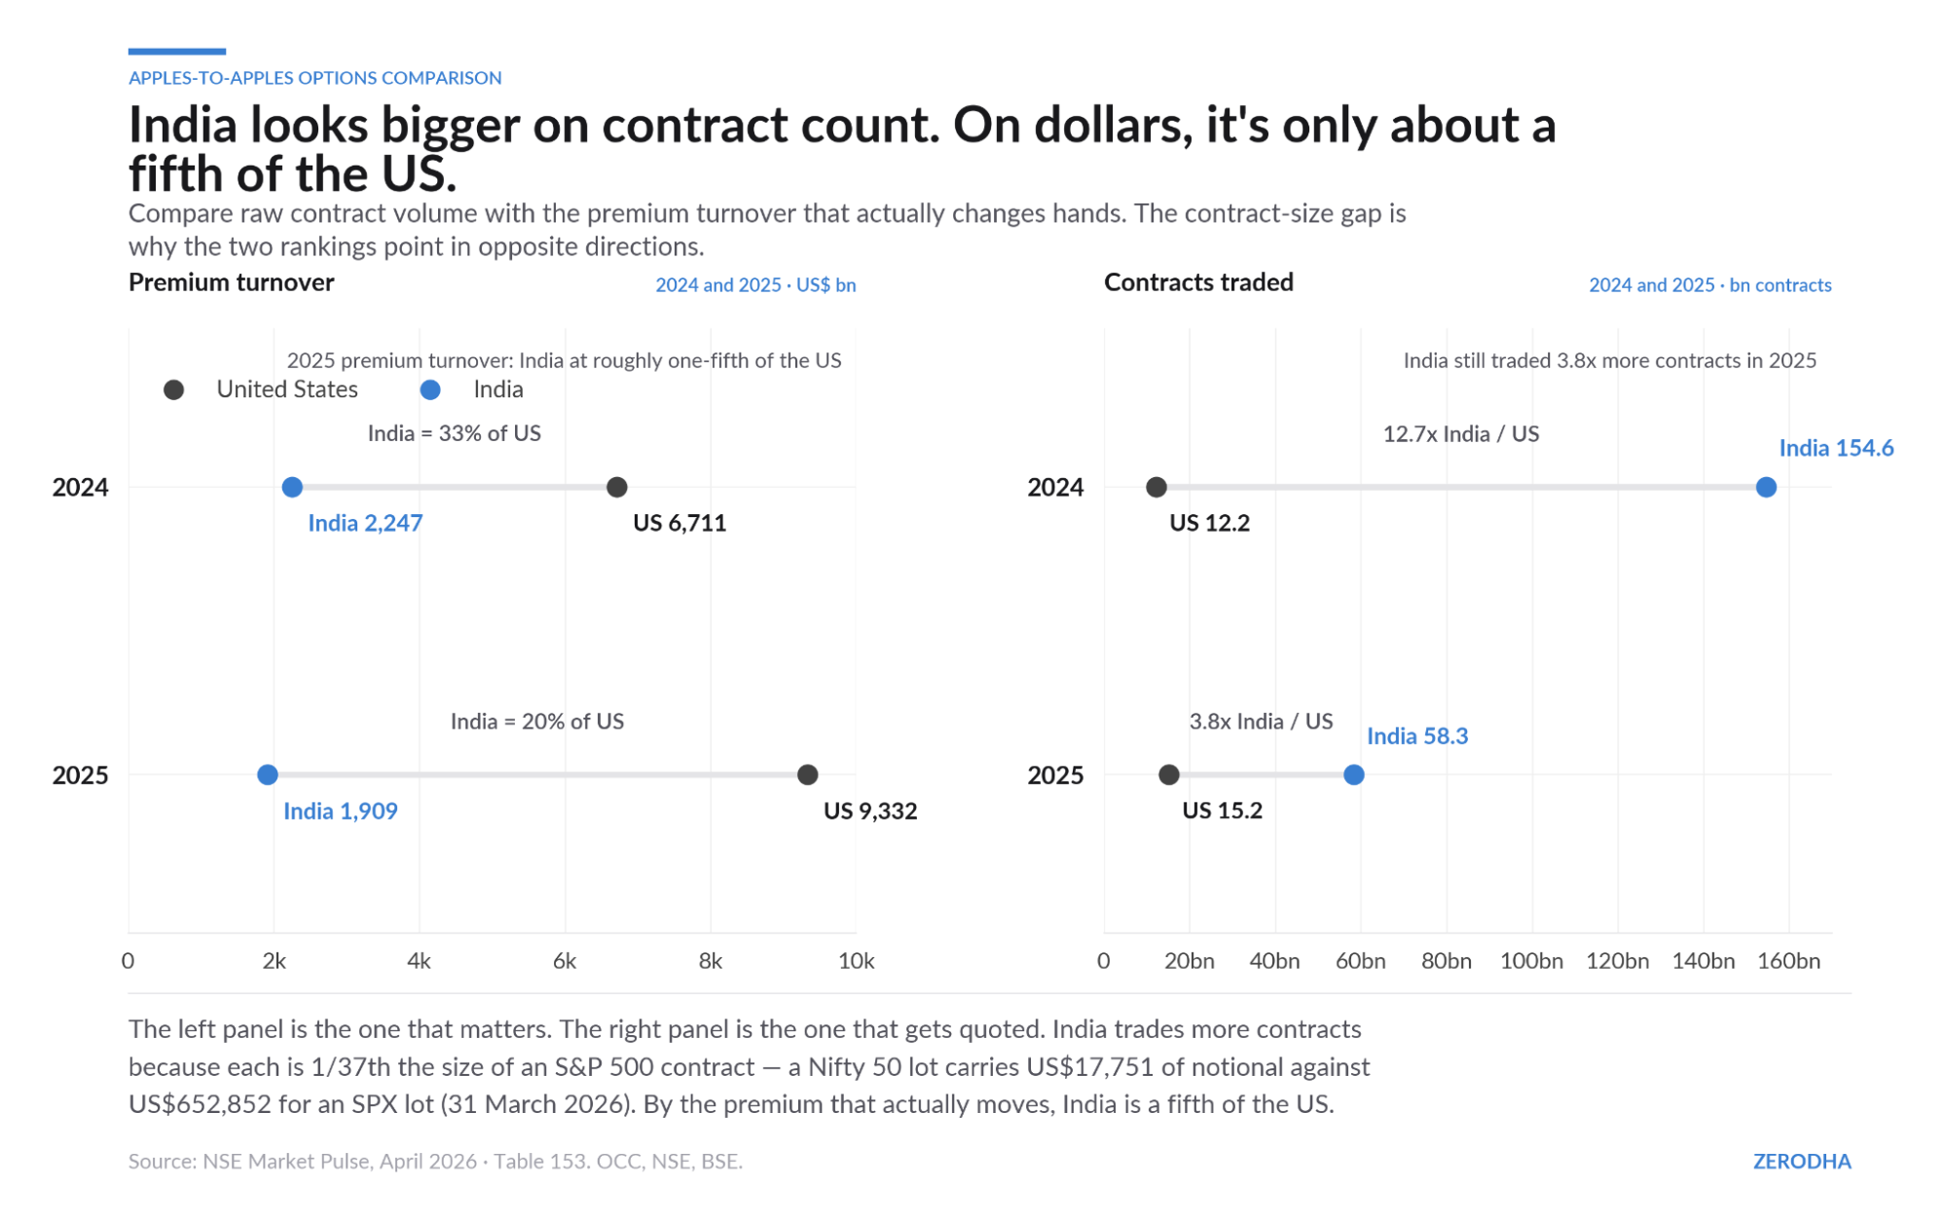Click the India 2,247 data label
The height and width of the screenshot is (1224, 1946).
365,523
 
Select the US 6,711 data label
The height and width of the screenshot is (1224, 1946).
679,523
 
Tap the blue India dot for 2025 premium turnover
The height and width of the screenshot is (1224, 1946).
268,775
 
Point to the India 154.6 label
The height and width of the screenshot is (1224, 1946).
1836,448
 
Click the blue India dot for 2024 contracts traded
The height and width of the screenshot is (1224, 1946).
1766,487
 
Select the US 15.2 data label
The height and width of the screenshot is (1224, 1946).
1222,810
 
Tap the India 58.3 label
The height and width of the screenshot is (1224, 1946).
1417,736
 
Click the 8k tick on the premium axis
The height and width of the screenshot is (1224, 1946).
711,961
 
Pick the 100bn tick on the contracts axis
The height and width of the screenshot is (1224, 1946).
1531,961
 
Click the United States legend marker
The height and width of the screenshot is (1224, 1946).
174,389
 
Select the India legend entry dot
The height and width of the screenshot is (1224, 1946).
430,389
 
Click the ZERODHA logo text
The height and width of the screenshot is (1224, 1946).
1802,1161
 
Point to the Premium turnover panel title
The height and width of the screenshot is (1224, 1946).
232,282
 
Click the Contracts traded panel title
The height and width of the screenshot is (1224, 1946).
1198,282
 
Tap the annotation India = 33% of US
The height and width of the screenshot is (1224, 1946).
454,433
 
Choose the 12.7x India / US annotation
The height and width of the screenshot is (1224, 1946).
1460,433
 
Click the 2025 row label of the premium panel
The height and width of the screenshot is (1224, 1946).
81,775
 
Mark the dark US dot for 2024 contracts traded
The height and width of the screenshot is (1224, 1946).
1157,487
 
